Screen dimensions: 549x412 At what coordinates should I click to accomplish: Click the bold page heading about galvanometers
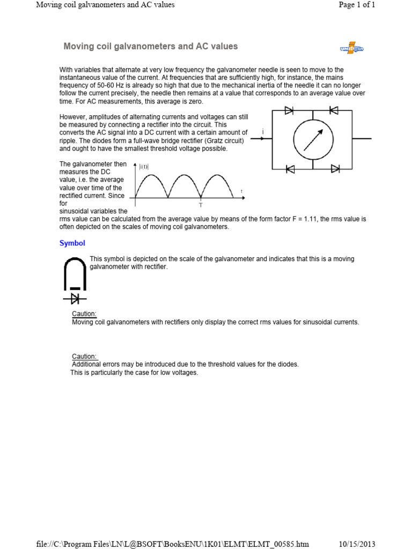150,47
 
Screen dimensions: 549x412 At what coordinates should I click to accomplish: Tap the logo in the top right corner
351,48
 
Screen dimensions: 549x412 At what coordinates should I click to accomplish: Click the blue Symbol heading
72,243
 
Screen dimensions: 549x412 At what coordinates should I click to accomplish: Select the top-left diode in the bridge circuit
289,110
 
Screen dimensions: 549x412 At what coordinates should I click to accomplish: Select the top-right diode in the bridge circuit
333,110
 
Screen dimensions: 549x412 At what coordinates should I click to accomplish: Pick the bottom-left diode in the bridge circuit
290,169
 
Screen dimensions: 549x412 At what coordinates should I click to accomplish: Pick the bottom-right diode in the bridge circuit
335,169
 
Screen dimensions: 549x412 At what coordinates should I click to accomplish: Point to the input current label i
263,131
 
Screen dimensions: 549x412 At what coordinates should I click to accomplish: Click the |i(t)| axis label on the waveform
144,167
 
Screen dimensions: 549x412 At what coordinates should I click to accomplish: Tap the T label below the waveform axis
201,205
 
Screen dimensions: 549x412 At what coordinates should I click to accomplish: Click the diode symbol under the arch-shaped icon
75,299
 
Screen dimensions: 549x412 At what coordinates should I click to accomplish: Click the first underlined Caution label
84,314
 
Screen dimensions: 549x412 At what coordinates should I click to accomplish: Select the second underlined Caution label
84,357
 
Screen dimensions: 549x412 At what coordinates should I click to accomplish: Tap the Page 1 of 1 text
357,5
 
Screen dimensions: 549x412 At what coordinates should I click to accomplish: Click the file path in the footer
173,544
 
